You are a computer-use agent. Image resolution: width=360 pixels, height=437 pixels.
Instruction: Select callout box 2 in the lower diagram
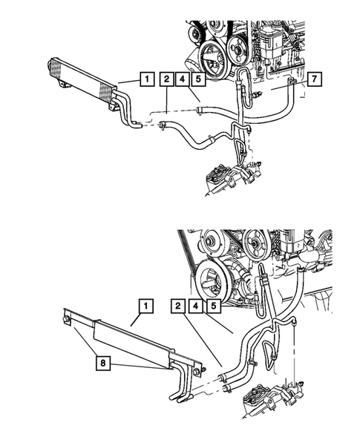[179, 305]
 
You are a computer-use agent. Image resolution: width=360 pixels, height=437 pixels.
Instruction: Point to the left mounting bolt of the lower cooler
[67, 321]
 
